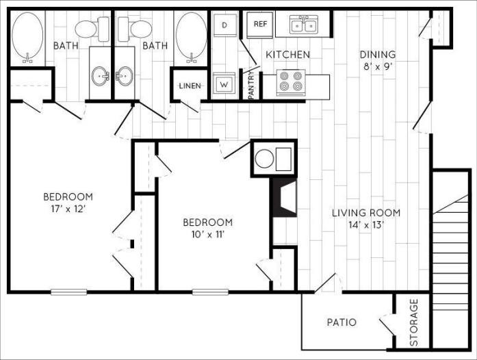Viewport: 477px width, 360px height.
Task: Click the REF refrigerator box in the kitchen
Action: point(260,24)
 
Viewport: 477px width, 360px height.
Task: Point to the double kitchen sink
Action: point(303,25)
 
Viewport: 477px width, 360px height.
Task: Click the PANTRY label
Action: point(251,85)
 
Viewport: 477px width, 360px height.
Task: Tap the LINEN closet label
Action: point(190,86)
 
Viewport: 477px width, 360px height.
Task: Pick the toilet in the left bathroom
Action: point(92,29)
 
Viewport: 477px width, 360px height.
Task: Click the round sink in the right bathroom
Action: point(125,75)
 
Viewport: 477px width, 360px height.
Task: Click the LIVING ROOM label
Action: point(365,213)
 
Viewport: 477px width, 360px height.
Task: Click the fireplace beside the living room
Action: point(283,196)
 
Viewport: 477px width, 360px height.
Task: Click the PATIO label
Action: point(341,322)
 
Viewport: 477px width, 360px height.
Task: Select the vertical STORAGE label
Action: point(413,322)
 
